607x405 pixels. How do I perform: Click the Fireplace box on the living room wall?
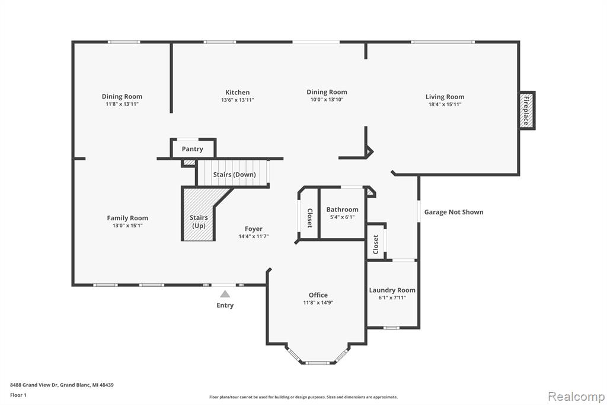coord(526,110)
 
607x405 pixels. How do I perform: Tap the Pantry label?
coord(193,149)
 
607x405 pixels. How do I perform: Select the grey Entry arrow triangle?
coord(225,294)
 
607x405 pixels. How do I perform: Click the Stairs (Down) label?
coord(234,175)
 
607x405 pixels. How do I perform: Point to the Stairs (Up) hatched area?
coord(199,214)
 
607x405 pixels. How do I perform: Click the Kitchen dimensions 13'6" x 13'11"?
coord(237,100)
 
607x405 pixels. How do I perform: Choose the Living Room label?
coord(445,97)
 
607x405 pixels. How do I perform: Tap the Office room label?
coord(318,295)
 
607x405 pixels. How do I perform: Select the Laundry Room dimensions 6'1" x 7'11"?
coord(392,298)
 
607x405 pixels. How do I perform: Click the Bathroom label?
coord(342,210)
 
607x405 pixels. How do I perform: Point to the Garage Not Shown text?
coord(453,212)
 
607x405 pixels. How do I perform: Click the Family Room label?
coord(127,218)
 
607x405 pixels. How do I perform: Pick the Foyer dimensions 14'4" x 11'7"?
coord(254,236)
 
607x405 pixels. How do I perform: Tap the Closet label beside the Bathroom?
coord(309,219)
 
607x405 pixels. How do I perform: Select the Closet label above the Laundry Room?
coord(375,245)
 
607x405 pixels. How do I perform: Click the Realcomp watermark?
coord(576,397)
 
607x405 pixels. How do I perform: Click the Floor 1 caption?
coord(18,395)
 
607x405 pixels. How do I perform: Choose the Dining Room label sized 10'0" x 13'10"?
coord(327,92)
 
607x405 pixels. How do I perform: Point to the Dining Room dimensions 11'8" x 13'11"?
coord(122,105)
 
